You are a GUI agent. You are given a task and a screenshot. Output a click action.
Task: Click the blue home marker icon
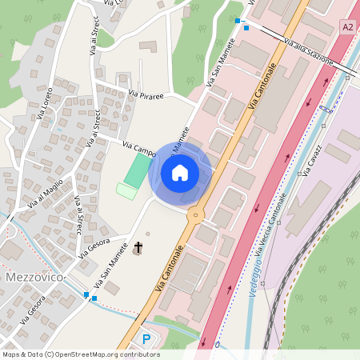[x=180, y=172]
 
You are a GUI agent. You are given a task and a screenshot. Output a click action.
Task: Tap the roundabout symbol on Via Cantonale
[x=194, y=214]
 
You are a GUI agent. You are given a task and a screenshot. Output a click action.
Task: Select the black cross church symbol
[x=138, y=248]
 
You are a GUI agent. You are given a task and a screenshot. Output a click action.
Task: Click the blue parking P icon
[x=146, y=339]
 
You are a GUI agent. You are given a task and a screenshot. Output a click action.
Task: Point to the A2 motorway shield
[x=347, y=27]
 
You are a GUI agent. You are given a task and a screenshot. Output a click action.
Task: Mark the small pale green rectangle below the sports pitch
[x=126, y=191]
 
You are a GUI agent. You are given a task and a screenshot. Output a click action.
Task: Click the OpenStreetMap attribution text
[x=69, y=354]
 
